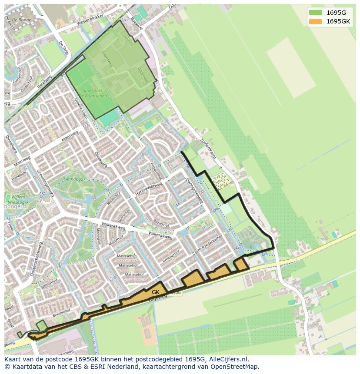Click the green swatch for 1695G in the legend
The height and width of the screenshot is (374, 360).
click(x=316, y=13)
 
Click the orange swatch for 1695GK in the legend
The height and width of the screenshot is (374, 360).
click(x=316, y=21)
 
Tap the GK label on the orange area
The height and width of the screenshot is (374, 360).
click(x=156, y=292)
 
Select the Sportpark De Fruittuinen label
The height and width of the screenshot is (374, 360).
click(x=92, y=93)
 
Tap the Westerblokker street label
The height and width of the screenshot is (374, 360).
click(x=90, y=20)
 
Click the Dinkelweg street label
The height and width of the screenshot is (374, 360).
click(x=10, y=144)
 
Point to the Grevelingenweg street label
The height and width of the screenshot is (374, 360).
click(x=45, y=183)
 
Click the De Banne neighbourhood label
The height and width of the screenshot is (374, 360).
click(x=21, y=20)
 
